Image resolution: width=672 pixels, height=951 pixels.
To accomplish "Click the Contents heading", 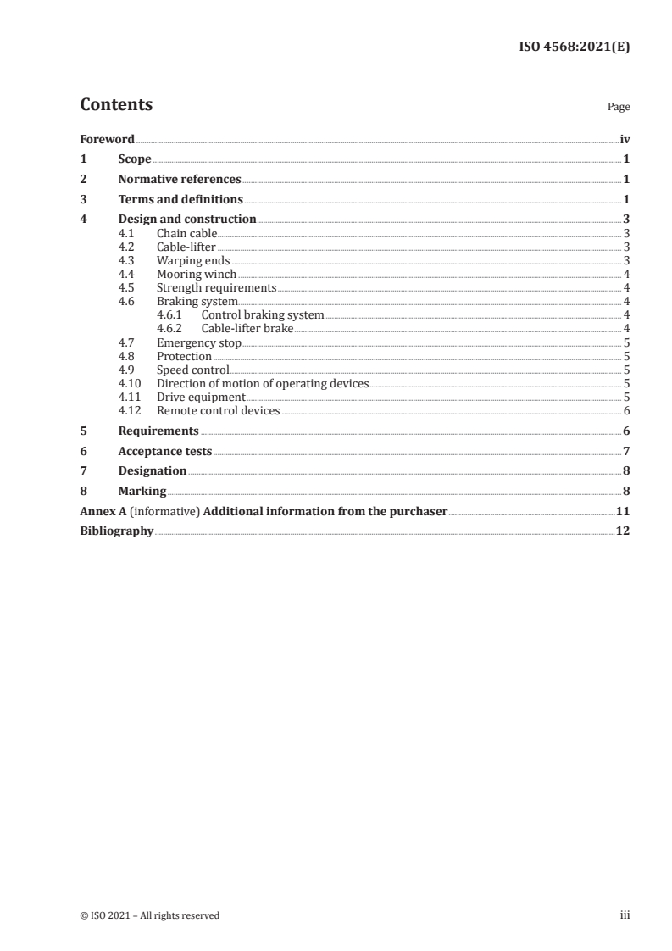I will (116, 105).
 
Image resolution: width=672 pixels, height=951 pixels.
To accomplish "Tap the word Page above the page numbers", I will (619, 108).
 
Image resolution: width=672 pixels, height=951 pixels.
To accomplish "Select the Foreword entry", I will (107, 139).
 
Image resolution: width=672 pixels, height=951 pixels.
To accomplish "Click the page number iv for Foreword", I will (625, 139).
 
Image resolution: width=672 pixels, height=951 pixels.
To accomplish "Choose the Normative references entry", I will (180, 180).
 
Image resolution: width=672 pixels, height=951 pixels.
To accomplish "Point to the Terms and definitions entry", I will (180, 200).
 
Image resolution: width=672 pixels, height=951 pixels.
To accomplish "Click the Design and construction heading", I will (187, 220).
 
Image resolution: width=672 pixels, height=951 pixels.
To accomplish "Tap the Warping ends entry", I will (193, 261).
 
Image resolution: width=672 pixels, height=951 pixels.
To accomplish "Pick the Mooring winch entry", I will (197, 275).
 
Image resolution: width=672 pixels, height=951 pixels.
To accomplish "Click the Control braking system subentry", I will (263, 315).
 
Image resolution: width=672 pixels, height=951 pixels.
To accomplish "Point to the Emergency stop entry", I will (199, 343).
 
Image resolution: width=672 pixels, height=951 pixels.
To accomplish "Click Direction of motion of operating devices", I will (263, 384).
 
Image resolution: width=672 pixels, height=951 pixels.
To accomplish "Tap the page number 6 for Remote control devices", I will (625, 411).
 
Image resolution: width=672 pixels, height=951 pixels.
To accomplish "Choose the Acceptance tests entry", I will (165, 451).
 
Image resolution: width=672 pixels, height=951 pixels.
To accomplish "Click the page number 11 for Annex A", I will (622, 512).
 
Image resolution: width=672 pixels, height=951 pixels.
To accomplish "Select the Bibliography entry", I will (117, 532).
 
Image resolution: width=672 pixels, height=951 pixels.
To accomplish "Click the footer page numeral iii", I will (624, 915).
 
